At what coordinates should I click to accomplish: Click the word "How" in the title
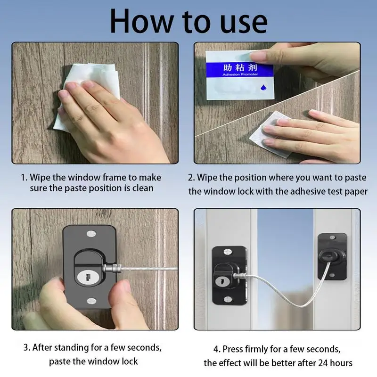pos(142,22)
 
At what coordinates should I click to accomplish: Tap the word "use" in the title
pos(244,24)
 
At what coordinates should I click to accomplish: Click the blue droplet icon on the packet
pos(263,87)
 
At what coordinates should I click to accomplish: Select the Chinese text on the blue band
pos(240,67)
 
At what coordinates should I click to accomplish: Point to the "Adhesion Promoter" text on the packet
pos(240,74)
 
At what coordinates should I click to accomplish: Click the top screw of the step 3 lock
pos(91,233)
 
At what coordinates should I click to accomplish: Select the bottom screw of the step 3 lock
pos(91,301)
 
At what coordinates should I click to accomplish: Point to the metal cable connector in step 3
pos(112,268)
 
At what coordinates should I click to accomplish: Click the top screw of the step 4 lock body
pos(228,252)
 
